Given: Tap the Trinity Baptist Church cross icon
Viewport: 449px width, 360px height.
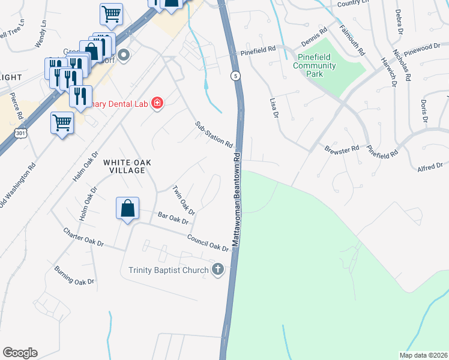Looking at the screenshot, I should [218, 269].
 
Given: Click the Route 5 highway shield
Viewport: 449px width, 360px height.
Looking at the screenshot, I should [235, 76].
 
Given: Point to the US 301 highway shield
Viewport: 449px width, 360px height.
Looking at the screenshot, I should [22, 133].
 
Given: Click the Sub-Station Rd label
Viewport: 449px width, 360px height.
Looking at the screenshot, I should [214, 134].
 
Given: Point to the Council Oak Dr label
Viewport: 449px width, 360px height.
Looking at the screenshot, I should [208, 242].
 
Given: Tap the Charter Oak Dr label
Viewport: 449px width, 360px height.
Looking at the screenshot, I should [83, 236].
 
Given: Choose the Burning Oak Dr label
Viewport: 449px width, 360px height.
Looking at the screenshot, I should [74, 275].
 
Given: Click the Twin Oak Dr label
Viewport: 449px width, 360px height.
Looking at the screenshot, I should [184, 200].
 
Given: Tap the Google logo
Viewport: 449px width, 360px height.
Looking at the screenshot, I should [20, 353].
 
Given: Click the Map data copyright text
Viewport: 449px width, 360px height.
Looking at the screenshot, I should [423, 355].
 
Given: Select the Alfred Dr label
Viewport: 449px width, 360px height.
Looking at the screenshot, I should [430, 166].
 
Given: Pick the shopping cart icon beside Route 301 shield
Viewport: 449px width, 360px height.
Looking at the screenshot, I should [62, 124].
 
